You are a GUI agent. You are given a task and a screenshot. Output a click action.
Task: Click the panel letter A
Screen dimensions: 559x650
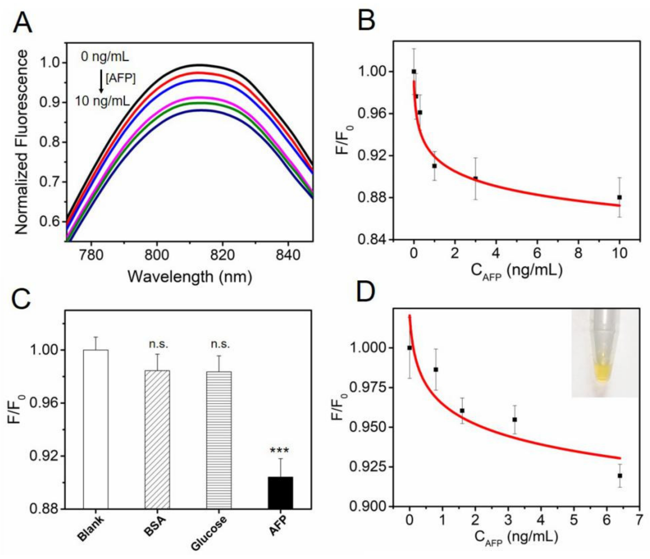tap(22, 23)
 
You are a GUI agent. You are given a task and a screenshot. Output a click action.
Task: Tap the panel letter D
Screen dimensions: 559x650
tap(365, 291)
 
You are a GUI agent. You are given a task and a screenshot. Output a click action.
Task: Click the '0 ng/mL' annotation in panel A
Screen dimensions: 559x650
tap(105, 56)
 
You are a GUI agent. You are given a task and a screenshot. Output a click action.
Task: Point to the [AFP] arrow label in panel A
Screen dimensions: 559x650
tap(120, 78)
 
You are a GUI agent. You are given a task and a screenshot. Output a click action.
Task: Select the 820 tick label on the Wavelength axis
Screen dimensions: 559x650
tap(222, 255)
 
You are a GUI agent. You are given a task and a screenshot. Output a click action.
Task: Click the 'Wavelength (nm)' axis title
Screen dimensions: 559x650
tap(190, 277)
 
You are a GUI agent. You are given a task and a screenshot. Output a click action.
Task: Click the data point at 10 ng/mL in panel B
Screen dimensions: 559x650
tap(619, 197)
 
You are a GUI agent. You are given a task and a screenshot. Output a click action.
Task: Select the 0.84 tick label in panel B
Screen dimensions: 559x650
tap(371, 239)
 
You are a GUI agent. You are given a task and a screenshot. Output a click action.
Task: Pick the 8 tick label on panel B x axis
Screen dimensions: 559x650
tap(578, 253)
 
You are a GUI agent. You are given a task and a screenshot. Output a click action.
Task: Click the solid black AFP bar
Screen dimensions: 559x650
tap(280, 493)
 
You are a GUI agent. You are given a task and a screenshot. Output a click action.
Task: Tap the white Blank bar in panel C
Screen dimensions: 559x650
tap(96, 429)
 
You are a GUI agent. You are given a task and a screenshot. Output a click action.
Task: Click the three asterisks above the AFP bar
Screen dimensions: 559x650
tap(279, 450)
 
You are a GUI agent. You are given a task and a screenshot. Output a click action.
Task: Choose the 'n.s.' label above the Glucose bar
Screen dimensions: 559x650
tap(220, 344)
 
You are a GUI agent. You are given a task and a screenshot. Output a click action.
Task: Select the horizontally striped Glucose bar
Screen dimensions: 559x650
tap(219, 439)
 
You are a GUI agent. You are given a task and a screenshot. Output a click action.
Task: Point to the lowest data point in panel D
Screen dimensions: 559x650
tap(619, 476)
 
